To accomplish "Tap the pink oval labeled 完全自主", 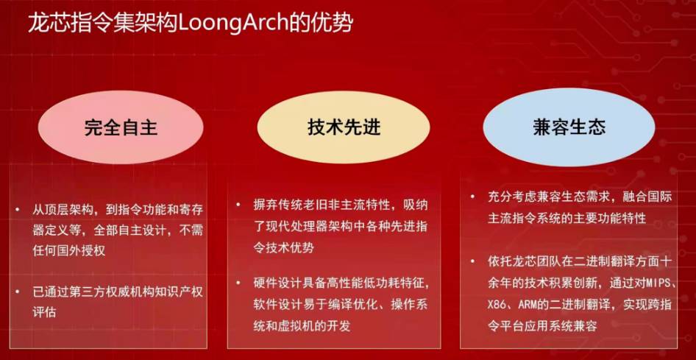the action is click(121, 128).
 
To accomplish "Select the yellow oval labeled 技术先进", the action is click(344, 128).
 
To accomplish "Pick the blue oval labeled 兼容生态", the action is click(569, 128).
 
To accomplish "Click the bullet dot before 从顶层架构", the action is click(17, 208).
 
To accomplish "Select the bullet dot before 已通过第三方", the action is click(17, 292).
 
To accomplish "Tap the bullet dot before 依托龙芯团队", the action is click(472, 262).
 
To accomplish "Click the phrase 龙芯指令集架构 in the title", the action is click(103, 23).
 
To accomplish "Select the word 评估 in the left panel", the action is click(45, 312).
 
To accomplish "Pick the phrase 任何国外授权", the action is click(69, 250).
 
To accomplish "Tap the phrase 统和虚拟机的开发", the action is click(302, 326).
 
